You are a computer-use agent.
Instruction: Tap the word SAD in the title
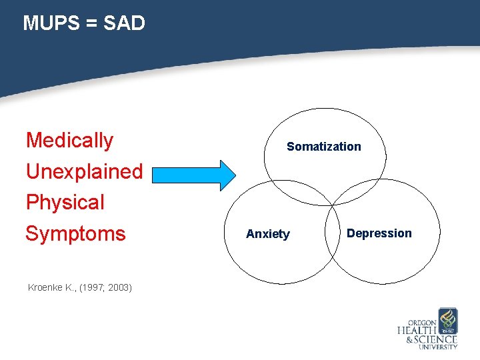coord(123,23)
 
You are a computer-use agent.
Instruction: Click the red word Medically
coord(69,140)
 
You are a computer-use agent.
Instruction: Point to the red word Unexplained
coord(84,171)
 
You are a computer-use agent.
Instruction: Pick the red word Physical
coord(65,202)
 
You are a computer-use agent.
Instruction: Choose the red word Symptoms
coord(75,233)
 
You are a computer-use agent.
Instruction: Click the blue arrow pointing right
coord(193,175)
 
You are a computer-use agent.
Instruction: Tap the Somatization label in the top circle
coord(323,147)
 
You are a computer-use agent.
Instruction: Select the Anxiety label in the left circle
coord(268,234)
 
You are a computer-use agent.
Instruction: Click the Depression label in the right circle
coord(379,233)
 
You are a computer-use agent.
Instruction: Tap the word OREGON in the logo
coord(422,323)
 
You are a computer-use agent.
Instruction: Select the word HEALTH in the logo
coord(417,331)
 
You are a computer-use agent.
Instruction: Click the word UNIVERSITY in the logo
coord(437,347)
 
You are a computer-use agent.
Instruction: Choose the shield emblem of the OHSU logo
coord(448,320)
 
